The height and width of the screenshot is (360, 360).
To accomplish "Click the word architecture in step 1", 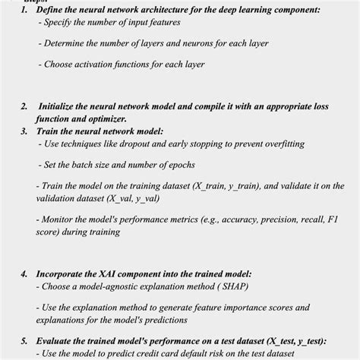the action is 166,10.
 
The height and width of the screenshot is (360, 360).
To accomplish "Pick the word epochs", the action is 177,165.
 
